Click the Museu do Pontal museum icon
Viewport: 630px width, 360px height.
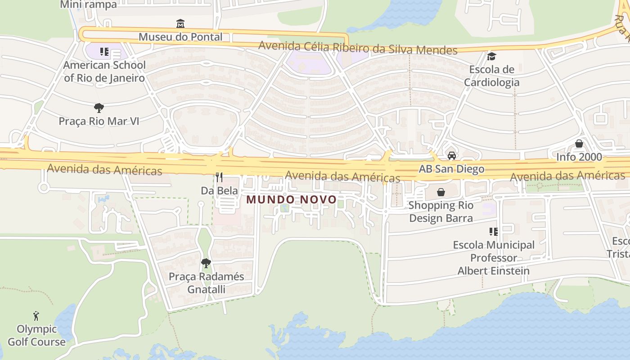point(180,23)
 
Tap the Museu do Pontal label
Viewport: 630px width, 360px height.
point(180,37)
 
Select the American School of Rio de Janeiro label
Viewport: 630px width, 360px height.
point(104,72)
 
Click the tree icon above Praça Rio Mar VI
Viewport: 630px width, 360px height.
point(99,108)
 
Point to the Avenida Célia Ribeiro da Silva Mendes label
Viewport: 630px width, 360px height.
point(358,48)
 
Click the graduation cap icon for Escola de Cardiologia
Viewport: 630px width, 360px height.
point(491,56)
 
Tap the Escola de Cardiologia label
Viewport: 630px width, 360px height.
point(491,76)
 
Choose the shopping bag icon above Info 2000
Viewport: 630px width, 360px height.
point(579,144)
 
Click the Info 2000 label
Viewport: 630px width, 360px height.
point(579,157)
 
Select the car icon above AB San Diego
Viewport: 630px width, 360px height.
point(451,156)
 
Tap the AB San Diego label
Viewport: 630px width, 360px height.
point(451,169)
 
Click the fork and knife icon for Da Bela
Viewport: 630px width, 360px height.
point(219,177)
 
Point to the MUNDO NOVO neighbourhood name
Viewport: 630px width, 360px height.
point(292,199)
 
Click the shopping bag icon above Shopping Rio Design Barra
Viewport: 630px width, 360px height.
point(441,192)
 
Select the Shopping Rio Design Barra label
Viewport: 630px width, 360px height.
point(441,212)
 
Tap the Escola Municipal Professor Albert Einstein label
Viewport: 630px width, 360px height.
point(494,258)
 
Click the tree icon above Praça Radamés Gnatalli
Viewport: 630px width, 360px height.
point(206,263)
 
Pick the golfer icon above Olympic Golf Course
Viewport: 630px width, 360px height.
point(36,316)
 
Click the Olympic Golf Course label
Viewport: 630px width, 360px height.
point(36,336)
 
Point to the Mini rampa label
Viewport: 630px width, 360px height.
point(88,4)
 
